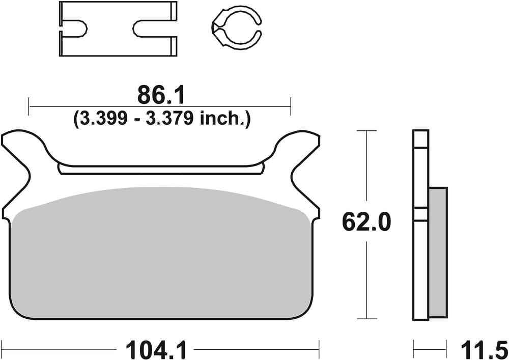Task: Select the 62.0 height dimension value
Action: click(x=366, y=223)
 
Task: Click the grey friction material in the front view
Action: click(x=160, y=255)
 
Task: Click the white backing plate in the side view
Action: click(x=420, y=255)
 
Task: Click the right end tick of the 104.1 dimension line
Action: click(x=319, y=350)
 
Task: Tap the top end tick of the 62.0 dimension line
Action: click(x=366, y=131)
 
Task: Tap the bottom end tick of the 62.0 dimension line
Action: click(x=366, y=317)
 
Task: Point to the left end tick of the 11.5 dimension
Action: click(x=413, y=350)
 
